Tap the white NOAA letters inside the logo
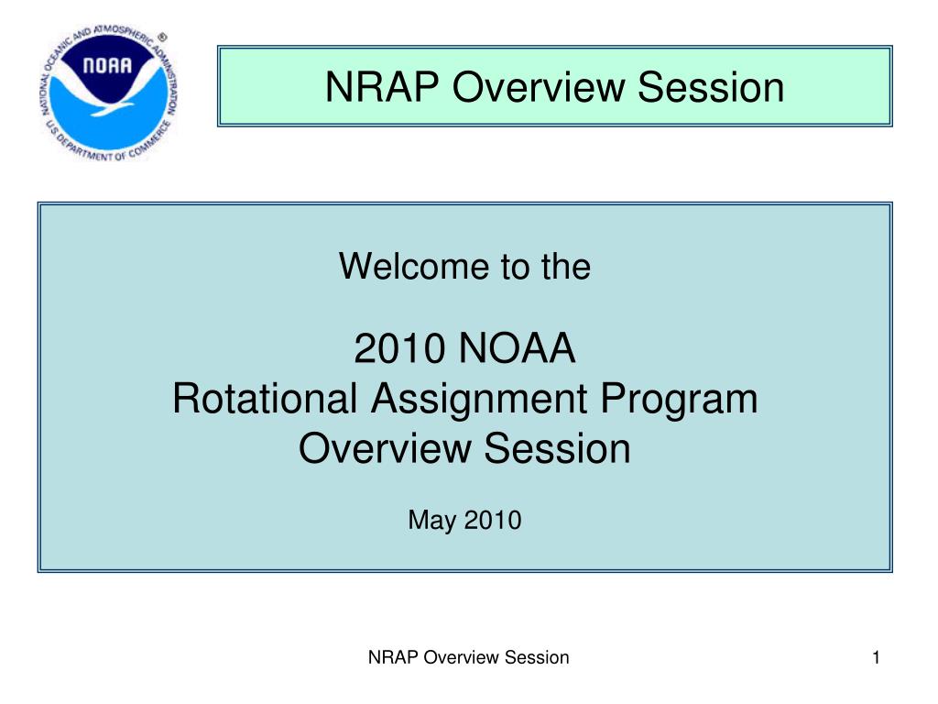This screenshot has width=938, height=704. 107,65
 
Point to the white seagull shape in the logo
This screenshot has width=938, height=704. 108,95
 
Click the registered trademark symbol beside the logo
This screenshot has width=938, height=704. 162,37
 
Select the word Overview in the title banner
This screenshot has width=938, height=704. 539,87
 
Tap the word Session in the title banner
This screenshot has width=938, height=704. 711,87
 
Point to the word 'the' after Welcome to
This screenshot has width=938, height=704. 566,266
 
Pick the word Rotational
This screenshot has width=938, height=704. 265,398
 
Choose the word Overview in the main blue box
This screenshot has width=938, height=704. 385,448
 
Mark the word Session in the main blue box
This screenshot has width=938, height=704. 557,448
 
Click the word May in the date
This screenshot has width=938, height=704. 432,521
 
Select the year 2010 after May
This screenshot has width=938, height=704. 493,520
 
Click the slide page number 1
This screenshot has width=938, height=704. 876,657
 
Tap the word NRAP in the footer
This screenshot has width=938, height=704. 393,657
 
